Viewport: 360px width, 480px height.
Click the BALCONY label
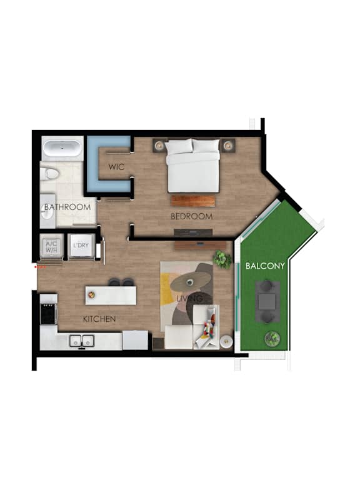[265, 266]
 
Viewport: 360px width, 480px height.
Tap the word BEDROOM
[192, 216]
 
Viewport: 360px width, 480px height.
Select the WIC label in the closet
[116, 167]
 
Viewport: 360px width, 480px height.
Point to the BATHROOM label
[67, 207]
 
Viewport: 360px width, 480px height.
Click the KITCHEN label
[99, 319]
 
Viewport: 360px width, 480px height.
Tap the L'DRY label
[81, 245]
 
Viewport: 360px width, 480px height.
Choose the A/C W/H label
[51, 247]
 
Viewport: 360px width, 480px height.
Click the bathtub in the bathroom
[62, 149]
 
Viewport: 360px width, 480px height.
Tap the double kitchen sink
[82, 341]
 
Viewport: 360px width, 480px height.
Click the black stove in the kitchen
[49, 314]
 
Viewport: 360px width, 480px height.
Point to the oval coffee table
[191, 281]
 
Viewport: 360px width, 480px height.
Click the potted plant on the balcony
[272, 338]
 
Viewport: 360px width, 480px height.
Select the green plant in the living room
[222, 259]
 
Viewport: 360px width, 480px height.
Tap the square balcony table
[267, 301]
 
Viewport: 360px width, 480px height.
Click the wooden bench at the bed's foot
[193, 201]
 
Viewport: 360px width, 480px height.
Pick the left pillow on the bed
[179, 146]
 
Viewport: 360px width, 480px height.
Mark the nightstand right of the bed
[228, 146]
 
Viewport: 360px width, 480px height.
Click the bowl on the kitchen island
[91, 295]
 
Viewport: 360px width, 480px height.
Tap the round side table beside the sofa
[226, 341]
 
